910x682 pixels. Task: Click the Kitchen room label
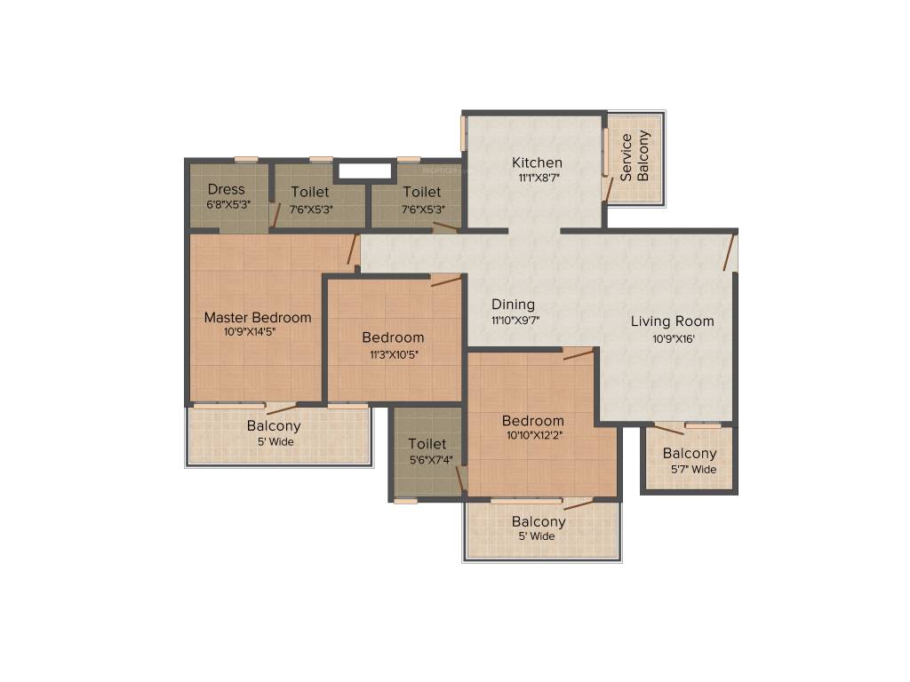coord(537,163)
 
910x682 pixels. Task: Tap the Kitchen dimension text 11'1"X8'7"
coord(538,178)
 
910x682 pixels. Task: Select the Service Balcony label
coord(634,156)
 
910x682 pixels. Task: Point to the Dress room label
coord(226,189)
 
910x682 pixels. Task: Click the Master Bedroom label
coord(258,317)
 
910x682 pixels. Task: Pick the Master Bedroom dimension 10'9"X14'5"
coord(250,332)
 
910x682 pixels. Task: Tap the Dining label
coord(513,305)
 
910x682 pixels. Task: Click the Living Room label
coord(672,321)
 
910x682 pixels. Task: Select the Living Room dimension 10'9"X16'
coord(674,339)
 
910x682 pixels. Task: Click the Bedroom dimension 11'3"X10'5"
coord(394,354)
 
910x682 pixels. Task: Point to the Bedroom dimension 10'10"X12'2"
coord(534,435)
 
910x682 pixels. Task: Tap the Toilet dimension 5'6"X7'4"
coord(431,461)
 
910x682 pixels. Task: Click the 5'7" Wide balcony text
coord(693,469)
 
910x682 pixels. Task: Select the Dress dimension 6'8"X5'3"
coord(228,205)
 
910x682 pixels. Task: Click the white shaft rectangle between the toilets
coord(364,171)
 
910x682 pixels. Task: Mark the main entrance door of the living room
coord(730,252)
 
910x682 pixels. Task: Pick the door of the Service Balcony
coord(607,189)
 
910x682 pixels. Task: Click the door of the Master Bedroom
coord(352,250)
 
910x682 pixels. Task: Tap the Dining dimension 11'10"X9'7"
coord(515,320)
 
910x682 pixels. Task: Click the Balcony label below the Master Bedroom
coord(274,425)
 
